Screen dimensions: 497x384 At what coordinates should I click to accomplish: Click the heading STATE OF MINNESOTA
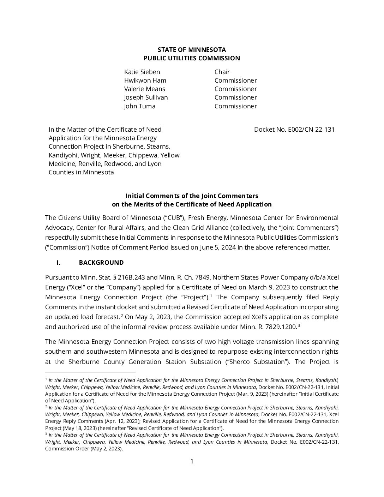(192, 49)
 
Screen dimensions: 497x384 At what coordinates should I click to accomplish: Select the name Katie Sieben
(142, 72)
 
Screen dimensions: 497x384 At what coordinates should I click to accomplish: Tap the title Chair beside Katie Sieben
(222, 72)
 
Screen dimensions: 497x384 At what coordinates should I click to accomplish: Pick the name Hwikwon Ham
(145, 80)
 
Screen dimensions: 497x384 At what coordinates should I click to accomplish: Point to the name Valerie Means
(144, 89)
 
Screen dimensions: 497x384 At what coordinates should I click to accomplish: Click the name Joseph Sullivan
(146, 97)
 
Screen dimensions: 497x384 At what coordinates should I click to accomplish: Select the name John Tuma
(139, 106)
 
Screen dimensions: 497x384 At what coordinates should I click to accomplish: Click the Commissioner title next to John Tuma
(235, 106)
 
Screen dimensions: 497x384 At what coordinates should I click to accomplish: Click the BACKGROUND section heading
(101, 263)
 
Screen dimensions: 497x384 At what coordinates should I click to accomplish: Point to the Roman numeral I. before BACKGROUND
(59, 263)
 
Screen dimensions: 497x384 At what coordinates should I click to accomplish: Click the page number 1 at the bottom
(192, 461)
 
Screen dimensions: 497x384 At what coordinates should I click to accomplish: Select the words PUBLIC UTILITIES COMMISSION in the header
(192, 58)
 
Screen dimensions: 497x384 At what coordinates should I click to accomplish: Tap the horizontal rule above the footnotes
(90, 372)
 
